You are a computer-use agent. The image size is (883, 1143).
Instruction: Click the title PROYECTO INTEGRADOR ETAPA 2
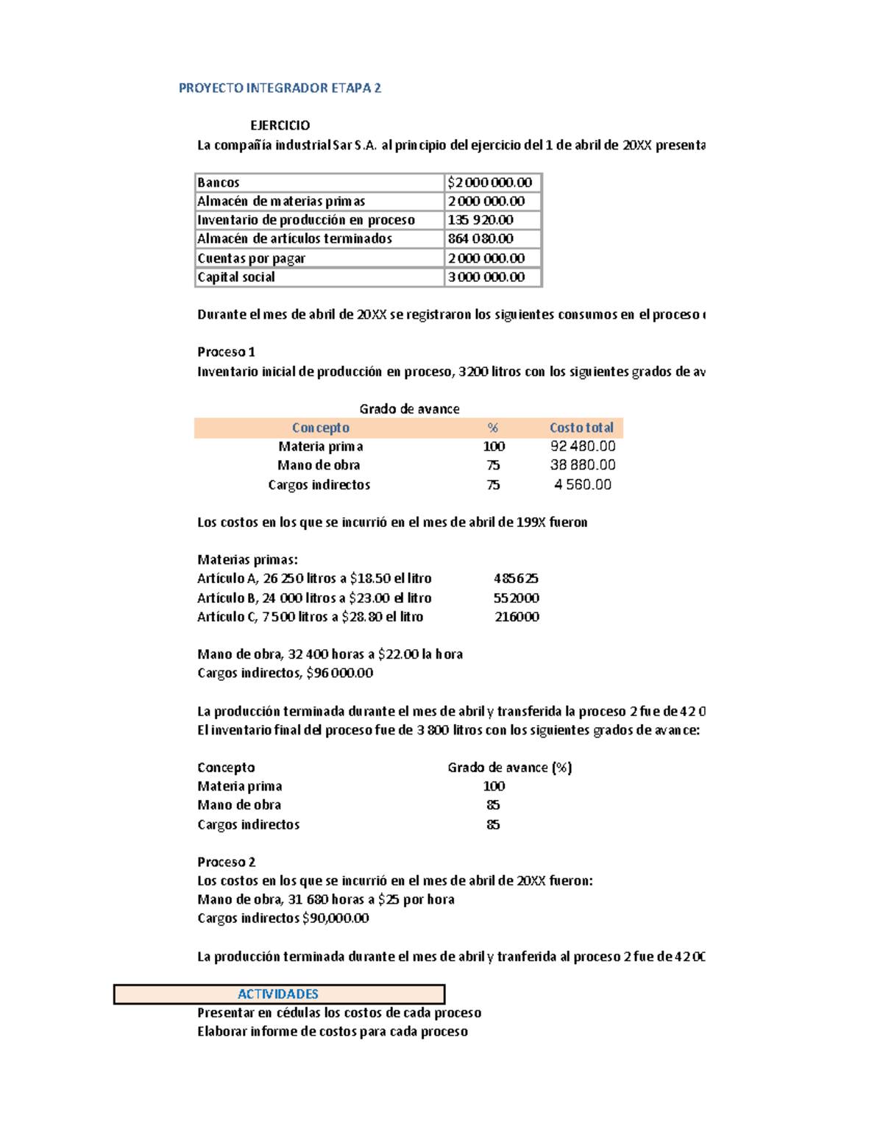[x=280, y=88]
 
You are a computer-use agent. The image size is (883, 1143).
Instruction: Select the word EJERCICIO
[x=280, y=125]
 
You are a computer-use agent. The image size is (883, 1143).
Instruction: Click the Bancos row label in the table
[x=219, y=183]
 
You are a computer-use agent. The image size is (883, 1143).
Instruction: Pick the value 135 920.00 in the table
[x=480, y=220]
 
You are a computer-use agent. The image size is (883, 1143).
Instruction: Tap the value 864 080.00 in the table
[x=480, y=238]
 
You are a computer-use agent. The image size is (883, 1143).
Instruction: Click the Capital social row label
[x=236, y=277]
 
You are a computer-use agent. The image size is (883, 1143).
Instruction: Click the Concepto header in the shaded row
[x=320, y=428]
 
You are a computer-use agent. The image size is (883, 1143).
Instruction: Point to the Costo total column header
[x=581, y=428]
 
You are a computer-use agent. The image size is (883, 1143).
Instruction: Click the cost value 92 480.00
[x=583, y=446]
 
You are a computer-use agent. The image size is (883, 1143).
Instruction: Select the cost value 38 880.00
[x=583, y=465]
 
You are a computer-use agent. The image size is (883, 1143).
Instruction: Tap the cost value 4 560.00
[x=583, y=484]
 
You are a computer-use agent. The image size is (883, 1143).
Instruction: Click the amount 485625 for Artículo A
[x=516, y=578]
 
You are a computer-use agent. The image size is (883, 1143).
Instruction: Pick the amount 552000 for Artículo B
[x=516, y=598]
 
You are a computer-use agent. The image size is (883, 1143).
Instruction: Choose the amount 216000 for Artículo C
[x=517, y=617]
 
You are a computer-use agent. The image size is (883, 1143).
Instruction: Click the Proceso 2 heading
[x=226, y=862]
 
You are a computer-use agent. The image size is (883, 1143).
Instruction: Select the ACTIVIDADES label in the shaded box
[x=278, y=994]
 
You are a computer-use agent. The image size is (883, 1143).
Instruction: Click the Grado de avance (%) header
[x=509, y=768]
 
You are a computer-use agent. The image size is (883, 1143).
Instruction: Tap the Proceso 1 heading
[x=226, y=352]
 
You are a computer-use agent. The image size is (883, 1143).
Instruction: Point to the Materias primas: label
[x=247, y=559]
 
